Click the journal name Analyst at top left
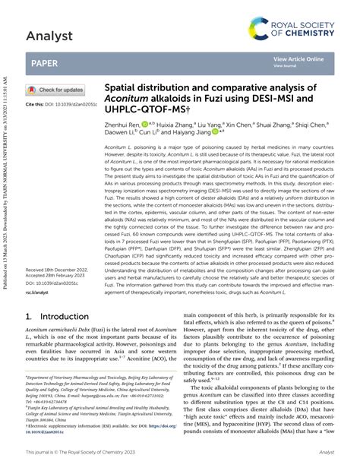click(49, 35)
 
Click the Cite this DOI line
click(57, 103)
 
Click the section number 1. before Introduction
click(30, 340)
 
